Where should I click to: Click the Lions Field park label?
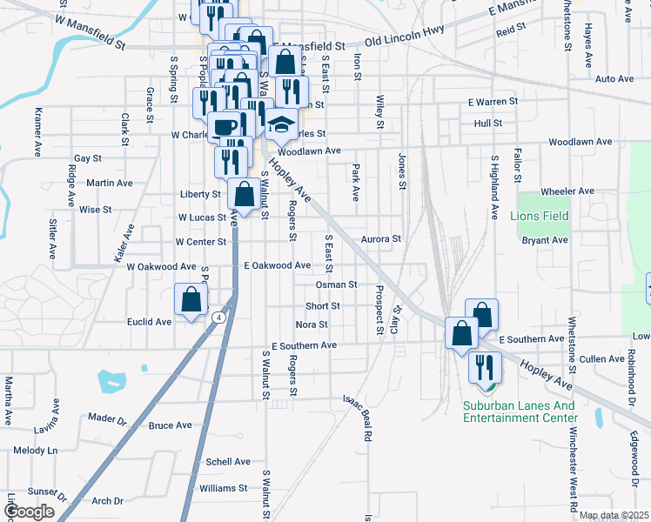pyautogui.click(x=543, y=216)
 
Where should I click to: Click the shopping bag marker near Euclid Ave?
pyautogui.click(x=191, y=300)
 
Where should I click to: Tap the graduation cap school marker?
pyautogui.click(x=282, y=125)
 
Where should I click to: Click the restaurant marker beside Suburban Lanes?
pyautogui.click(x=485, y=366)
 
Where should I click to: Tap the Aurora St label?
pyautogui.click(x=381, y=238)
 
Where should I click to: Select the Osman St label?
pyautogui.click(x=336, y=284)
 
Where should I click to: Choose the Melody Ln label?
pyautogui.click(x=35, y=451)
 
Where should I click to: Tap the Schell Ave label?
pyautogui.click(x=228, y=462)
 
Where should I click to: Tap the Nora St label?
pyautogui.click(x=312, y=325)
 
